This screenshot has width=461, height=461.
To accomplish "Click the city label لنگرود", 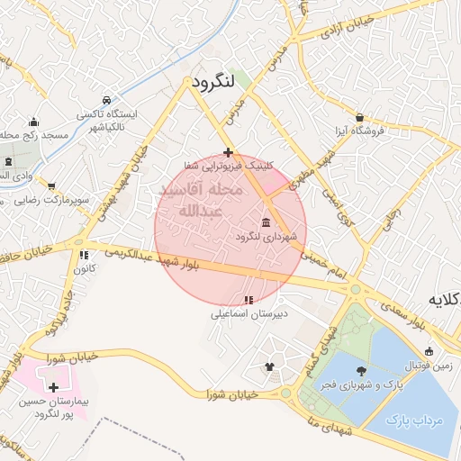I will pos(212,82).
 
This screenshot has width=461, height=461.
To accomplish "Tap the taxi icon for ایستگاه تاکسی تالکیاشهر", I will pos(107,100).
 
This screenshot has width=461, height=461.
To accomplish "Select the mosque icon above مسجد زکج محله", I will pos(34,122).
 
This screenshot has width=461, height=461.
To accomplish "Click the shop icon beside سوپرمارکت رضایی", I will pos(50,185).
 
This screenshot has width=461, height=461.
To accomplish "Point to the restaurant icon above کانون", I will pos(84,255).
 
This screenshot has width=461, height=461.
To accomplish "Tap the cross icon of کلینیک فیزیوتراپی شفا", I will pos(229,152).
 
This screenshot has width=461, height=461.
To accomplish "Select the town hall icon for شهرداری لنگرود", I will pos(266,222).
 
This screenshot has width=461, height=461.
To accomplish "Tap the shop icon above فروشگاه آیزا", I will pos(359,117).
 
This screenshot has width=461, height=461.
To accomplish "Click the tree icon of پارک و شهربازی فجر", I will pos(361,371).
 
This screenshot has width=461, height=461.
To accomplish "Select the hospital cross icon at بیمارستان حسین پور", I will pos(41,386).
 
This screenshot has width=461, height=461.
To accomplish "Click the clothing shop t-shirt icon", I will pos(270,366).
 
